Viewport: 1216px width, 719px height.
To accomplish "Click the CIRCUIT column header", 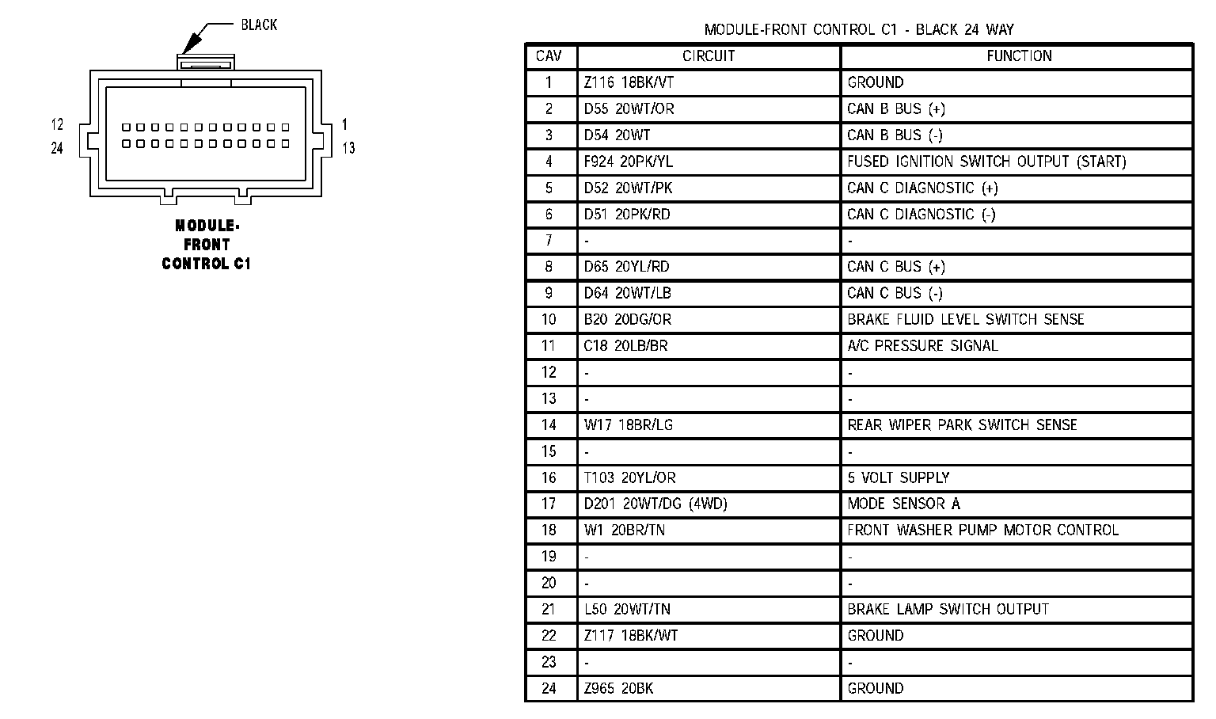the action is tap(709, 56).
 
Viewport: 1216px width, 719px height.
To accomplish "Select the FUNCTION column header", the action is tap(1019, 56).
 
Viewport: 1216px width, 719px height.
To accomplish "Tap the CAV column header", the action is tap(549, 56).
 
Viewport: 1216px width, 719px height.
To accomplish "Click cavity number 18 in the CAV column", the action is tap(549, 530).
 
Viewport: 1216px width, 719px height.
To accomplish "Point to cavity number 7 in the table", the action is tap(549, 240).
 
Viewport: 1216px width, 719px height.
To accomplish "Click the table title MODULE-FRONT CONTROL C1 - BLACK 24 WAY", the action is tap(859, 29).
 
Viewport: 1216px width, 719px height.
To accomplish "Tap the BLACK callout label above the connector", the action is tap(259, 25).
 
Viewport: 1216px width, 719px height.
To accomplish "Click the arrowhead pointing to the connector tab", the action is tap(190, 44).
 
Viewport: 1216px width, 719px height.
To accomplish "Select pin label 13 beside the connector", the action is tap(348, 148).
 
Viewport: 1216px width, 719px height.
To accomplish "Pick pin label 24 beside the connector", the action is tap(57, 148).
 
